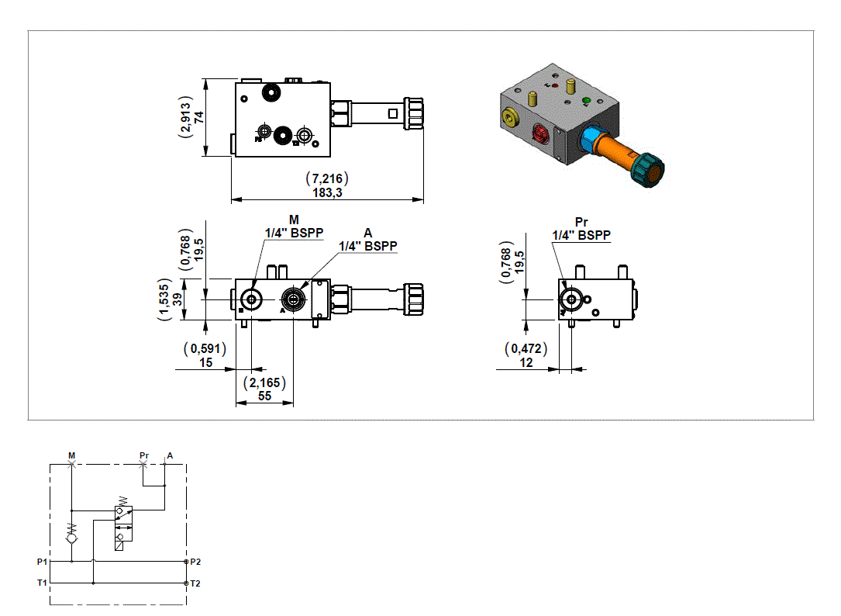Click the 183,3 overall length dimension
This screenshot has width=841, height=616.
326,193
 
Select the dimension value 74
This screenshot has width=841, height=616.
199,117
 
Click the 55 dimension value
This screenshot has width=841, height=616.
265,396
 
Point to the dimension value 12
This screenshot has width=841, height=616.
526,362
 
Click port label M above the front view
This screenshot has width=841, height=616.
294,220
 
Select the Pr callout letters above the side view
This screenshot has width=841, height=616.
581,223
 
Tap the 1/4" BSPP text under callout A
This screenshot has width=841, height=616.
368,246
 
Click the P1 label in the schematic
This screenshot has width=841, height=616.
42,561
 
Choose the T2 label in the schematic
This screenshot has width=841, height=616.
195,583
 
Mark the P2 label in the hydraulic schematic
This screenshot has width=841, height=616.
195,561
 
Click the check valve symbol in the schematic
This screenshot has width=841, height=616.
71,536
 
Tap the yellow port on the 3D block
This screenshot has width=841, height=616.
508,117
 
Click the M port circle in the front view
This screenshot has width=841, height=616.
251,299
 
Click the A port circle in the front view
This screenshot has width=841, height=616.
293,299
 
